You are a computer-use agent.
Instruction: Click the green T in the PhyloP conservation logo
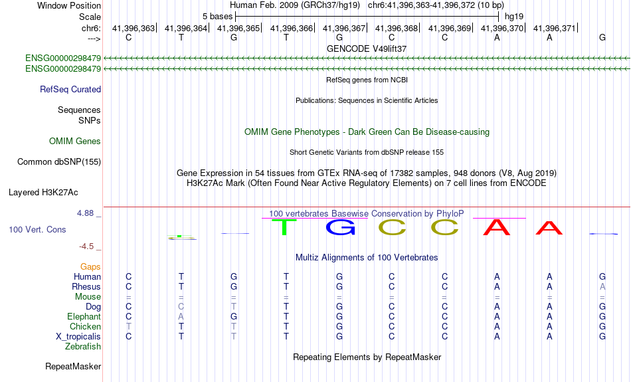284,227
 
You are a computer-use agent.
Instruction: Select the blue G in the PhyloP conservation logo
341,227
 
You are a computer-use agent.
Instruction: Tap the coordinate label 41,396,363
134,28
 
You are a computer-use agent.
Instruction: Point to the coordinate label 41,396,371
554,28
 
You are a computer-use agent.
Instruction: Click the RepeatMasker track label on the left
73,366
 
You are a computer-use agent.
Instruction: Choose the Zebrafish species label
83,346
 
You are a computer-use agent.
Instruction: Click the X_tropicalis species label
78,337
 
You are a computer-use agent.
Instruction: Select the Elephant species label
84,316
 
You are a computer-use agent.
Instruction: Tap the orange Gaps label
90,266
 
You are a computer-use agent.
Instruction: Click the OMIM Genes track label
75,141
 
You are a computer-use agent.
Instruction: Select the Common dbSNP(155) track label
58,162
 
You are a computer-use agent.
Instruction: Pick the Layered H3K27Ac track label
43,193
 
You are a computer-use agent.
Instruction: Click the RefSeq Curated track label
70,90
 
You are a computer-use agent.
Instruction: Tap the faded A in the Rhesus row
602,286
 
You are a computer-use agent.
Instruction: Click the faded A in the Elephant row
181,316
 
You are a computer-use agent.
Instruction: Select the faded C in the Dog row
181,306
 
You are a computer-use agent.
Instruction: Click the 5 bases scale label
217,17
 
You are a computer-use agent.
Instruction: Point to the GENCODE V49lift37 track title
367,48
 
